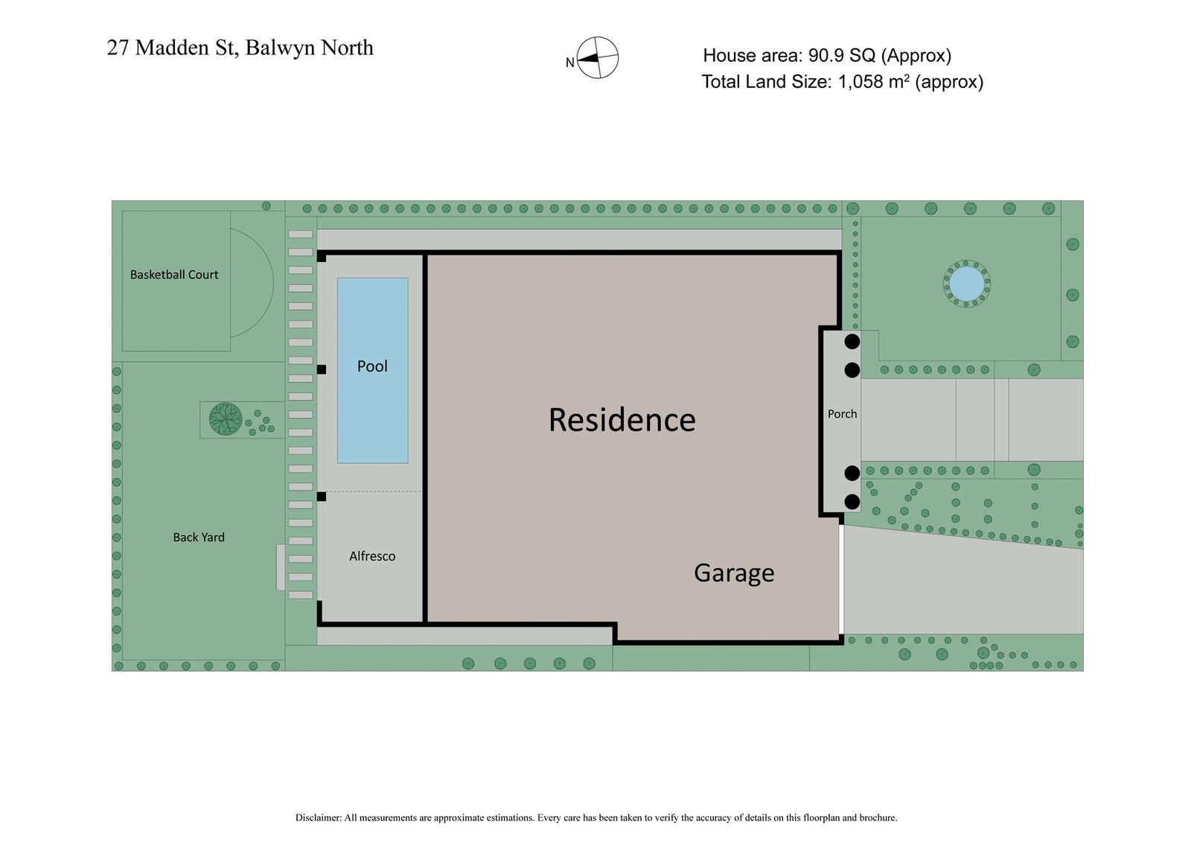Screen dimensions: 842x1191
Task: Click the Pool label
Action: click(372, 366)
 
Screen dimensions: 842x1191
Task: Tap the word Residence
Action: click(622, 420)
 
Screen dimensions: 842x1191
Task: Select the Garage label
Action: click(734, 573)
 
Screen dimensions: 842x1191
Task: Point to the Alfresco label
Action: click(372, 556)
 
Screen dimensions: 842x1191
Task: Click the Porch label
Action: click(842, 414)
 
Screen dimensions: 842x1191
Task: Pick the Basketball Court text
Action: click(174, 275)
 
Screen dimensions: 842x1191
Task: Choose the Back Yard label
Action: click(199, 538)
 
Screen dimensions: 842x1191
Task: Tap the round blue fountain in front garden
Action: click(966, 284)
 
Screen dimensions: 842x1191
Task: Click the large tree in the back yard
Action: click(226, 418)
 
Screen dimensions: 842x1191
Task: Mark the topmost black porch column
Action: click(852, 342)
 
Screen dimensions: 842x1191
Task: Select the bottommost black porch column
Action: click(852, 501)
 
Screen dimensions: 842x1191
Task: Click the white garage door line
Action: click(841, 579)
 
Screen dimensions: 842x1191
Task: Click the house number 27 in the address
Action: click(118, 48)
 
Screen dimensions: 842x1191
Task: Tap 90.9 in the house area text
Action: click(837, 56)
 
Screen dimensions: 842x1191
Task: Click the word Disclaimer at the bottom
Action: click(318, 817)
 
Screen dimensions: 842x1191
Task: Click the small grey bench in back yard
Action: click(281, 567)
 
